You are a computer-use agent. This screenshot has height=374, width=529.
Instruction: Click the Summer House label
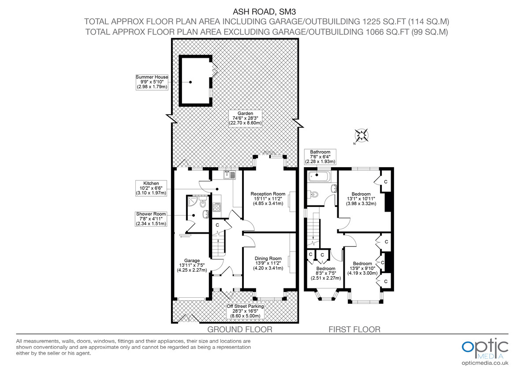[x=152, y=82]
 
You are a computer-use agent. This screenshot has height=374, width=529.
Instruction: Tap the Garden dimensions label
[x=246, y=118]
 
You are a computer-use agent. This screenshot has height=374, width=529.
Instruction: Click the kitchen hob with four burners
[x=217, y=207]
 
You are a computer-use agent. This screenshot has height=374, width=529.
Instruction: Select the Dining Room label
[x=268, y=263]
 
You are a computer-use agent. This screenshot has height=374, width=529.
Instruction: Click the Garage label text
[x=192, y=265]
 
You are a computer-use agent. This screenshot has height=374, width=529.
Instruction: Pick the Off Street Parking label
[x=245, y=311]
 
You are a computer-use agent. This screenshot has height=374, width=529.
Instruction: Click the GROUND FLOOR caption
[x=239, y=329]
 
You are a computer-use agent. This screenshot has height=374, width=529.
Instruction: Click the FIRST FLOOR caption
[x=354, y=329]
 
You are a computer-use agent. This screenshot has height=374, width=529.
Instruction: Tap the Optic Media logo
[x=484, y=348]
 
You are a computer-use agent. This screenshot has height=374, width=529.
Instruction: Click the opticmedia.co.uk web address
[x=485, y=363]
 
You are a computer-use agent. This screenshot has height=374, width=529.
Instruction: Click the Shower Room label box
[x=151, y=219]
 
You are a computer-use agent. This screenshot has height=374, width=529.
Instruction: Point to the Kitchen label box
[x=151, y=188]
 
